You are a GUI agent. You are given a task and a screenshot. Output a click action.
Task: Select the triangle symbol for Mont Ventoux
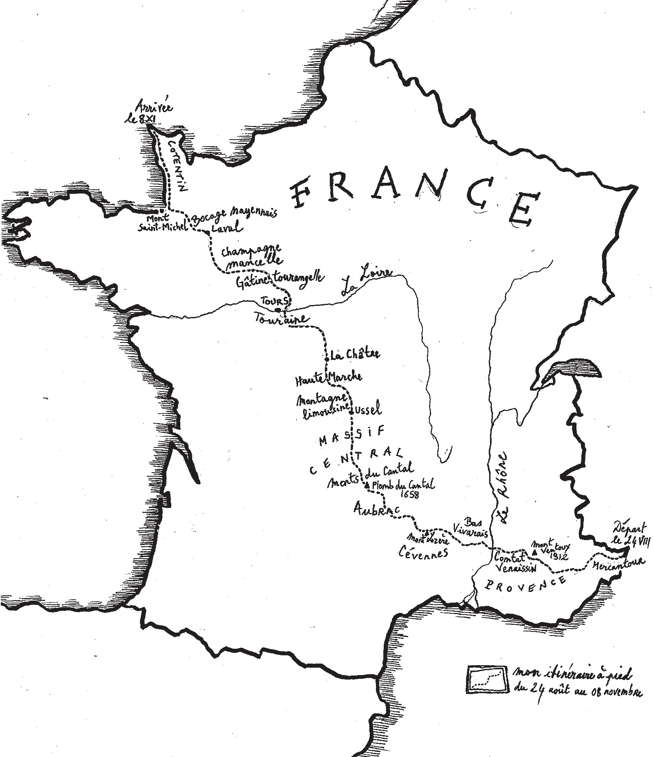[534, 552]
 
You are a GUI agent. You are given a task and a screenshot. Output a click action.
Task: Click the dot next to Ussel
[350, 412]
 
